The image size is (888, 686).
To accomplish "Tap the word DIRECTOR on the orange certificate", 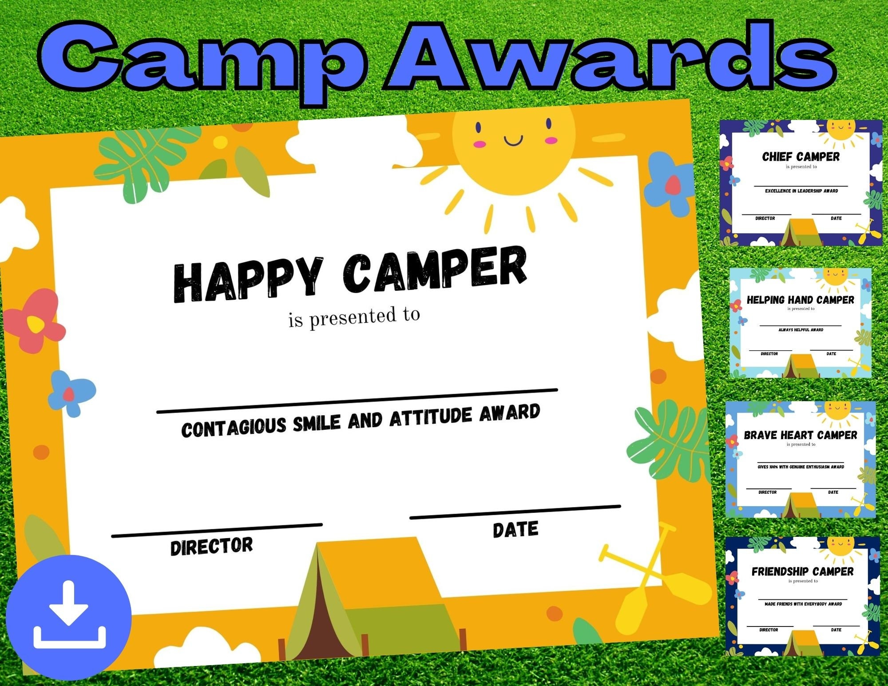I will (x=211, y=546).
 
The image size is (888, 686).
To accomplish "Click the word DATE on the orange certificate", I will (x=515, y=529).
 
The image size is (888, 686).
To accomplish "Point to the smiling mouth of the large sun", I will (x=513, y=141).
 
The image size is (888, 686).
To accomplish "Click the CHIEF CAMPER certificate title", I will (x=801, y=157).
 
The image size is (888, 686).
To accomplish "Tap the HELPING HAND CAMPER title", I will (x=800, y=300).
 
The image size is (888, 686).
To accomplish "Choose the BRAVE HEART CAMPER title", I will (x=801, y=435).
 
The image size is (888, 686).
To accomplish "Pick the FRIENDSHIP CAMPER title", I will (x=802, y=571).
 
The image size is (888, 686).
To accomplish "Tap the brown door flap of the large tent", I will (x=323, y=622).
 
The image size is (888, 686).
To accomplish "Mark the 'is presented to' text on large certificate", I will (x=354, y=317).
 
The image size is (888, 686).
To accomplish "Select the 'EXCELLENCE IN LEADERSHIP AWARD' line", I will (x=801, y=191).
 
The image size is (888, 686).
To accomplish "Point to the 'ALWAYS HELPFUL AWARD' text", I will (x=801, y=330).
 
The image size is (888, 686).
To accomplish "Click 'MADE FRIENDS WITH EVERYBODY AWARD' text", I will (x=803, y=604).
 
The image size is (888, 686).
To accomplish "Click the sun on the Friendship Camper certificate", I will (x=840, y=545).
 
